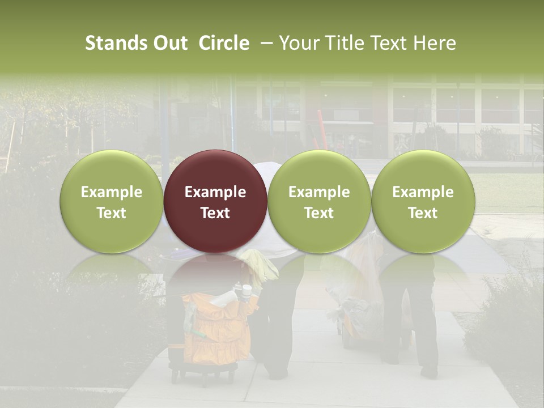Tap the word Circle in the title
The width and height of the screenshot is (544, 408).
tap(224, 43)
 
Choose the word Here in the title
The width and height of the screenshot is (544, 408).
tap(433, 43)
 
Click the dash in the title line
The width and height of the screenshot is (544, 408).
tap(263, 43)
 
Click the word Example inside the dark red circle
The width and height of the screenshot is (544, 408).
tap(215, 192)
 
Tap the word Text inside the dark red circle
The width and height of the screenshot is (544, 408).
tap(215, 213)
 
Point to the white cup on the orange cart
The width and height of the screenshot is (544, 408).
tap(246, 292)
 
